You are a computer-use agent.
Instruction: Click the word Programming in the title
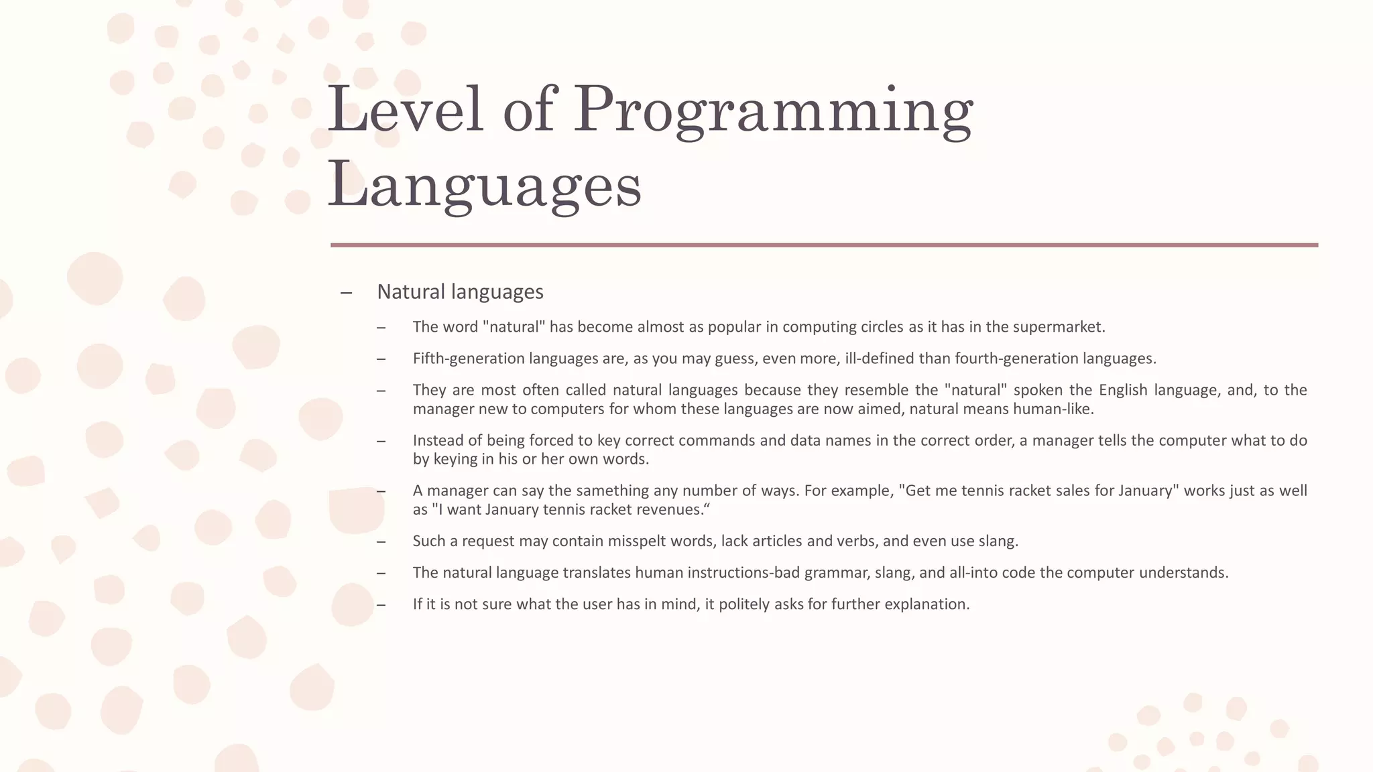(x=772, y=111)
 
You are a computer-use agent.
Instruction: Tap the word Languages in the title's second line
(x=484, y=185)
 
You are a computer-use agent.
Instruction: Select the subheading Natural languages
(x=460, y=292)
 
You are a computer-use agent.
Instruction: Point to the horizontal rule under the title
(x=824, y=245)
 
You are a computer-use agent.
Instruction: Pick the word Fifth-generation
(x=469, y=359)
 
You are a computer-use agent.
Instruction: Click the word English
(x=1124, y=390)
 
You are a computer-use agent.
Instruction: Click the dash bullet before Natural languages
(x=346, y=292)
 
